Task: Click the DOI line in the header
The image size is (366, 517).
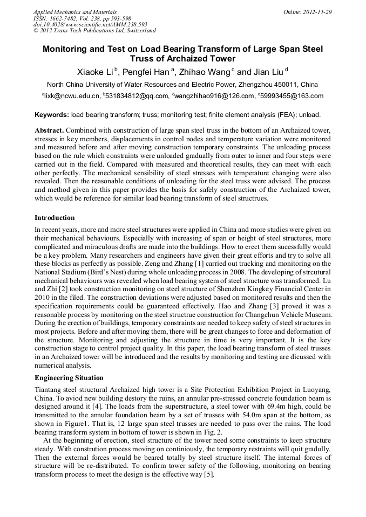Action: pyautogui.click(x=90, y=24)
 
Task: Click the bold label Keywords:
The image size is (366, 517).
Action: pyautogui.click(x=52, y=115)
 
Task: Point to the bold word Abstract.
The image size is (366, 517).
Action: pyautogui.click(x=49, y=131)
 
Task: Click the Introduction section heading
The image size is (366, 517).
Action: pyautogui.click(x=55, y=218)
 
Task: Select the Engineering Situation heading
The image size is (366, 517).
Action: pyautogui.click(x=69, y=378)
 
